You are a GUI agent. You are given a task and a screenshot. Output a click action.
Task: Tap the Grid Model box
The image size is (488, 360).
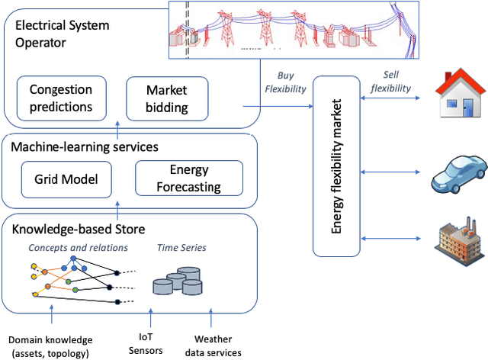coord(61,179)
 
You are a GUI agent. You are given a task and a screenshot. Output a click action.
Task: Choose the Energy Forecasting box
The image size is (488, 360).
coord(189,179)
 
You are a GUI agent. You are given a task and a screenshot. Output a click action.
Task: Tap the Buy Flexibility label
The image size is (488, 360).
coord(285,82)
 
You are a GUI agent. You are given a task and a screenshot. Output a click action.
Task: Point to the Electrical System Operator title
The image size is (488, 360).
coord(63,33)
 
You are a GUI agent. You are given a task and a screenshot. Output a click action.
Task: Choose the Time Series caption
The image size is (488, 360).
coord(181,248)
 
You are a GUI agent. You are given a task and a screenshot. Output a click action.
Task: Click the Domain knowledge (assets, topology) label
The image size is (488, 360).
coord(52,345)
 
